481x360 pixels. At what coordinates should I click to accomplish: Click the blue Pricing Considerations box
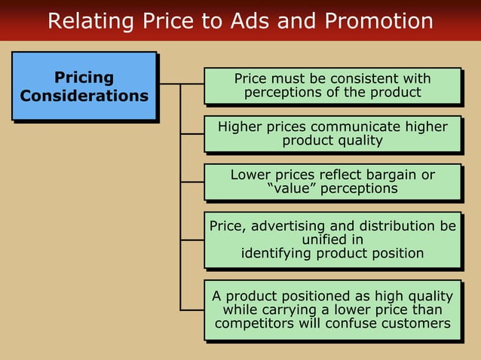pyautogui.click(x=84, y=86)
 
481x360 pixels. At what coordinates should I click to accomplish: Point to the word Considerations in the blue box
pyautogui.click(x=84, y=96)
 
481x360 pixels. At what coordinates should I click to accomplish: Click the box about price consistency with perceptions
pyautogui.click(x=332, y=86)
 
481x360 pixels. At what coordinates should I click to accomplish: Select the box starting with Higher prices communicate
pyautogui.click(x=332, y=133)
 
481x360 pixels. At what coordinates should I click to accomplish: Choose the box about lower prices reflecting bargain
pyautogui.click(x=332, y=182)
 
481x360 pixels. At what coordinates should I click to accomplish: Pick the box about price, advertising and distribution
pyautogui.click(x=332, y=239)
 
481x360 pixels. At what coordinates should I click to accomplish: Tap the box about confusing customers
pyautogui.click(x=332, y=310)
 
